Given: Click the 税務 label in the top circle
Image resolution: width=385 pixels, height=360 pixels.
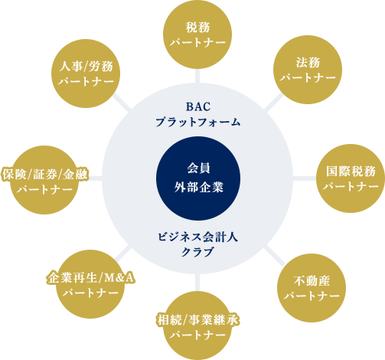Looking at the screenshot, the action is pos(197,28).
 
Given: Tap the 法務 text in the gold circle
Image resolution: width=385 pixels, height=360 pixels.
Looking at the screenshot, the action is pos(308,63).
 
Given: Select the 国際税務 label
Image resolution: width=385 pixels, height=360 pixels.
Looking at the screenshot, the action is pos(351,172).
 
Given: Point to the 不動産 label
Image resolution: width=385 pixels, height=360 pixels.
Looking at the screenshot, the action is pos(312,281).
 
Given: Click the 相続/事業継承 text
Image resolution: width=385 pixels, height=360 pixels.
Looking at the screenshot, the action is pos(197,320).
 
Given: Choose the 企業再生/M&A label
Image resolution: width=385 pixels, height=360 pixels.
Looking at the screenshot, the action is pos(90,278).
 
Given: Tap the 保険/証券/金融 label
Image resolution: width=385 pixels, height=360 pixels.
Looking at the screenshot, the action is pos(45,175).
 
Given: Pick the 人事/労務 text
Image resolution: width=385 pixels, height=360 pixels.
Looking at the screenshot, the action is pos(86,67).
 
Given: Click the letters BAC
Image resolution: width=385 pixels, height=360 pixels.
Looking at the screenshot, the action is pos(198,106).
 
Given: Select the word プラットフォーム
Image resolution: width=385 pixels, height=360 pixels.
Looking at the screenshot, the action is pos(198,122).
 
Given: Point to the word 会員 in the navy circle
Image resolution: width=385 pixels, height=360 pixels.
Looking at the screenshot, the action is pos(198,169).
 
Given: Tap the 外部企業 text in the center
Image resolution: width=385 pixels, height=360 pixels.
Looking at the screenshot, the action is pos(198,187).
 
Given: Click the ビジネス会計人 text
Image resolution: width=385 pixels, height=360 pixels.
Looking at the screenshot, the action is pos(197,237).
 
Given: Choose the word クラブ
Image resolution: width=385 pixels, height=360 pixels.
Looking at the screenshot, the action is pos(197,252).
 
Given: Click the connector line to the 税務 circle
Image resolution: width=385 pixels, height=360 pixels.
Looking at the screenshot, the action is pos(197,76).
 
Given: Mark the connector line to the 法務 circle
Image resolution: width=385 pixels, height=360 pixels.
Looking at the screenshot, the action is pos(273,103).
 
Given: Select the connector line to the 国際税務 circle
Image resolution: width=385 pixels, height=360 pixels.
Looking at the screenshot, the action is pos(305,178).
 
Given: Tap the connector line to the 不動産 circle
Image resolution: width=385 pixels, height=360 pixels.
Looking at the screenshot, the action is pos(274,254).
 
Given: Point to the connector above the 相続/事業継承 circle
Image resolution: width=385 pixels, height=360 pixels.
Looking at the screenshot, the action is pos(197,283).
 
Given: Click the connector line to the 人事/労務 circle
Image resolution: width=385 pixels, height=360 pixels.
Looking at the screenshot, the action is pos(122,102).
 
